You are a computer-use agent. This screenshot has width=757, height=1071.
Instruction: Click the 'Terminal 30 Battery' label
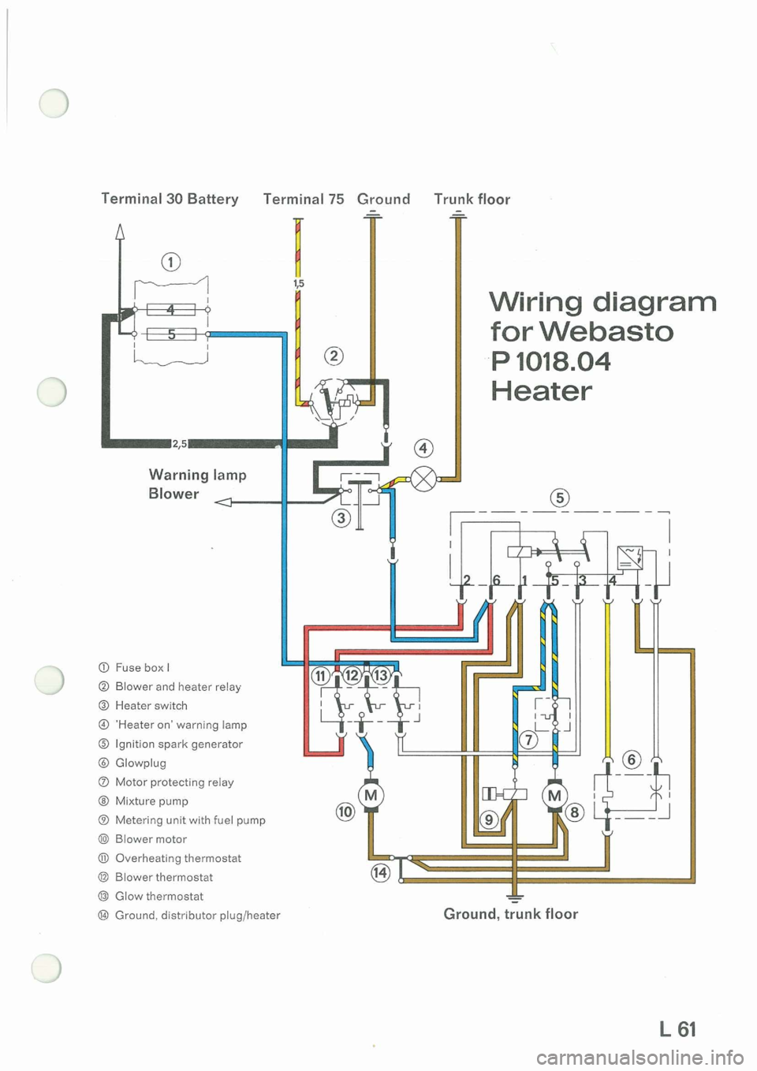tap(170, 199)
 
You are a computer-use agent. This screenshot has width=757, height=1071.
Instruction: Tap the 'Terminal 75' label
tap(304, 199)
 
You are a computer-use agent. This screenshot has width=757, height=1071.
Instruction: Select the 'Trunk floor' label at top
tap(472, 199)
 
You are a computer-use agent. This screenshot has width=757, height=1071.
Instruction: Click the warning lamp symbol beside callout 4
tap(424, 478)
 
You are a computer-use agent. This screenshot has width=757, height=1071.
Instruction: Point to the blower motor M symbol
tap(371, 795)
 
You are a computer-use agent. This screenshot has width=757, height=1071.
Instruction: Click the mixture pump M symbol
tap(555, 795)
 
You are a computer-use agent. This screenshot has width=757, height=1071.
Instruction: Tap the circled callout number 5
tap(560, 498)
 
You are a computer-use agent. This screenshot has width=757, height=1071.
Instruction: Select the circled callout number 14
tap(380, 871)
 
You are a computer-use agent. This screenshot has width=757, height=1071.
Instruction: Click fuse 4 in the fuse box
tap(170, 310)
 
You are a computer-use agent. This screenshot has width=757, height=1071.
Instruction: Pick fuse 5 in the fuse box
tap(170, 334)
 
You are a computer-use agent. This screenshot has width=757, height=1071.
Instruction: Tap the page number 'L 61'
tap(678, 1028)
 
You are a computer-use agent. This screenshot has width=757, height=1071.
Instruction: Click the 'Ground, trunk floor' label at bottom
tap(510, 913)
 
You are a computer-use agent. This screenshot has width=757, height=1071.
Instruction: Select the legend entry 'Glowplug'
tap(140, 763)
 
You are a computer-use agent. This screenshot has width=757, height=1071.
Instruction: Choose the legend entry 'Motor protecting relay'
tap(174, 782)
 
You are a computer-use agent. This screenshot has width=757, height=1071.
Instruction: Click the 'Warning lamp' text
tap(197, 475)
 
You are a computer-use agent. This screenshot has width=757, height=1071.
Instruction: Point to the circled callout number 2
tap(334, 356)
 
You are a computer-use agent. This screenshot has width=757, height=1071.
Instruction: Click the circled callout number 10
tap(345, 812)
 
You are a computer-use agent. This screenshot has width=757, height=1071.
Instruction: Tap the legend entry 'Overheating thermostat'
tap(177, 858)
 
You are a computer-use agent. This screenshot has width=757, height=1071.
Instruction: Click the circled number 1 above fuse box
tap(170, 262)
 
